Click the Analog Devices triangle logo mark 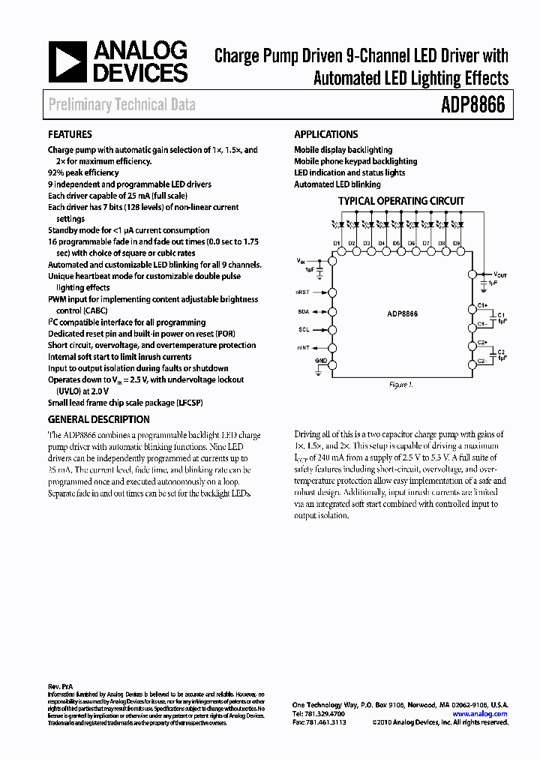[x=67, y=62]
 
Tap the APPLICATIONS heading [x=325, y=135]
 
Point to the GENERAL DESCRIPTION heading [x=98, y=420]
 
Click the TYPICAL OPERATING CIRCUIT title [x=400, y=201]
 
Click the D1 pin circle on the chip [x=337, y=253]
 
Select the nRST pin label [x=302, y=292]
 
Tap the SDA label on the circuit [x=303, y=310]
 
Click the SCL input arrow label [x=303, y=329]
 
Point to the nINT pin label [x=302, y=348]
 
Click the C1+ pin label [x=483, y=306]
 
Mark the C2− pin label [x=483, y=362]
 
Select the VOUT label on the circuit [x=499, y=274]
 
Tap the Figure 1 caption [x=400, y=385]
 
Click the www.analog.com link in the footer [x=480, y=714]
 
